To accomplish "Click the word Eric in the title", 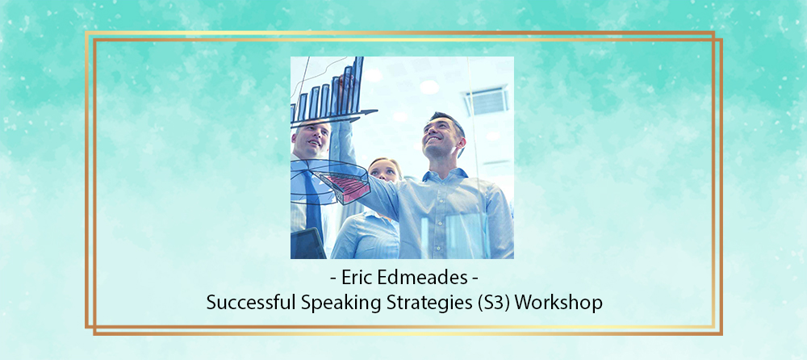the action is pos(356,278).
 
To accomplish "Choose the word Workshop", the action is pos(558,303).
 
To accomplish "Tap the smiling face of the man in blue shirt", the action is pos(439,136).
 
